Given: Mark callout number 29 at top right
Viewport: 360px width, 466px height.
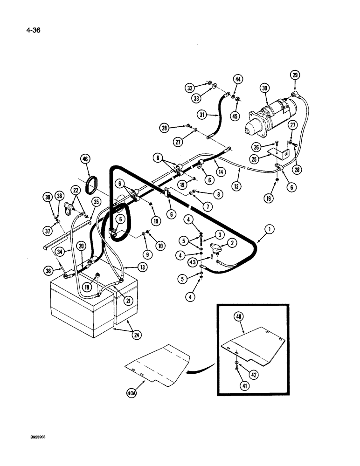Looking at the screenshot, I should click(x=295, y=75).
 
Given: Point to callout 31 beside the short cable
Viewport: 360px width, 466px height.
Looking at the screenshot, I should click(x=201, y=114).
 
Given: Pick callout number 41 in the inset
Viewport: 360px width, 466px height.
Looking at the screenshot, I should click(x=244, y=385).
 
